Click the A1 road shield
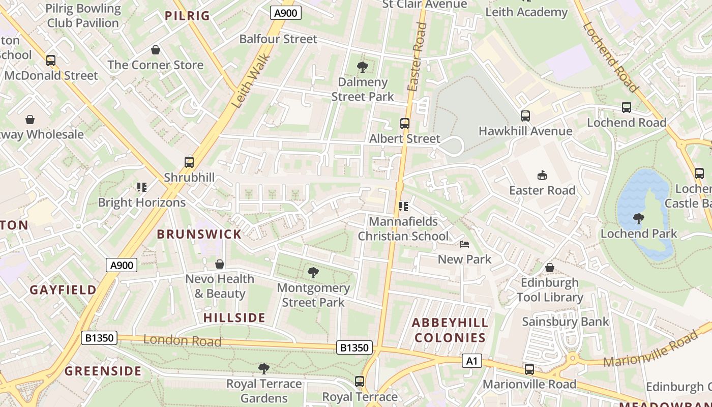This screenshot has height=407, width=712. [x=471, y=361]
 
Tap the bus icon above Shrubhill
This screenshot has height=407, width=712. [x=189, y=162]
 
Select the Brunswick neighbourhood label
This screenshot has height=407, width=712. [x=199, y=234]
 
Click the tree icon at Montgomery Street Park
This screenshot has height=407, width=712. [x=313, y=273]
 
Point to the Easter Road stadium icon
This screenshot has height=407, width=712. [x=542, y=176]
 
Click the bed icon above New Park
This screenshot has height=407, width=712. [x=464, y=244]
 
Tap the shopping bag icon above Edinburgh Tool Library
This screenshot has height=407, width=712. [x=550, y=268]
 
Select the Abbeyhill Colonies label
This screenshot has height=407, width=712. [x=450, y=330]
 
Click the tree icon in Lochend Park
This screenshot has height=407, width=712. [x=639, y=219]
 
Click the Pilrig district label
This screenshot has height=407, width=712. [x=187, y=16]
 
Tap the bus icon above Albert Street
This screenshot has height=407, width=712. [x=405, y=123]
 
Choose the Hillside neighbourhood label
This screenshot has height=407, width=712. [x=234, y=318]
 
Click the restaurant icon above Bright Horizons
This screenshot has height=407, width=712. [x=142, y=187]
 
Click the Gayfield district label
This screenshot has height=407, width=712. [x=63, y=290]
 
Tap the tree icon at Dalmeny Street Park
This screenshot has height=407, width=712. [x=363, y=67]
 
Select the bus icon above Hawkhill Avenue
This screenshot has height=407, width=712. [x=525, y=116]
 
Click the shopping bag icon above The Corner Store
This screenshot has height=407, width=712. [x=156, y=50]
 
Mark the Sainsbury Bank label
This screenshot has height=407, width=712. [x=565, y=322]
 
